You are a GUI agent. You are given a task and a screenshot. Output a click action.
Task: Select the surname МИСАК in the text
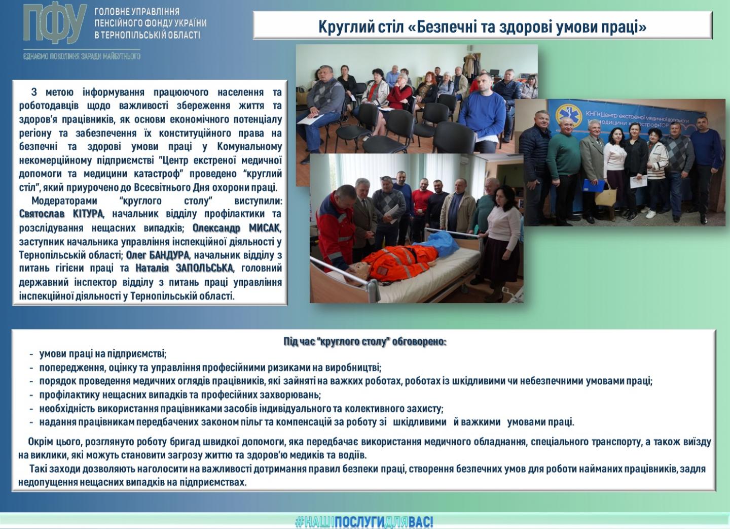coord(264,228)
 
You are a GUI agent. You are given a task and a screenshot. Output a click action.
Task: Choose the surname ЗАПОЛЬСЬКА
coord(204,268)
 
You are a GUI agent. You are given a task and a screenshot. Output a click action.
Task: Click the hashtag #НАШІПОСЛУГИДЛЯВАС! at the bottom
coord(364,521)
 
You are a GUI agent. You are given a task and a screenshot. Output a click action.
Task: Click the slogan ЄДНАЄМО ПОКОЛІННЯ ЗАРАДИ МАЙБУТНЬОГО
coord(82,56)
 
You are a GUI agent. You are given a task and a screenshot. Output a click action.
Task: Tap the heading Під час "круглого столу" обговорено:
coord(364,342)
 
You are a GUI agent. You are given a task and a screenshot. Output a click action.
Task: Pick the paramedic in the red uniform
coord(335,228)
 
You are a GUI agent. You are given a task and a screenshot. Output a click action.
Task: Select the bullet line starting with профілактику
coord(180,395)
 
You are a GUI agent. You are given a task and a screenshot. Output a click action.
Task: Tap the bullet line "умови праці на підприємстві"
coord(103,354)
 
